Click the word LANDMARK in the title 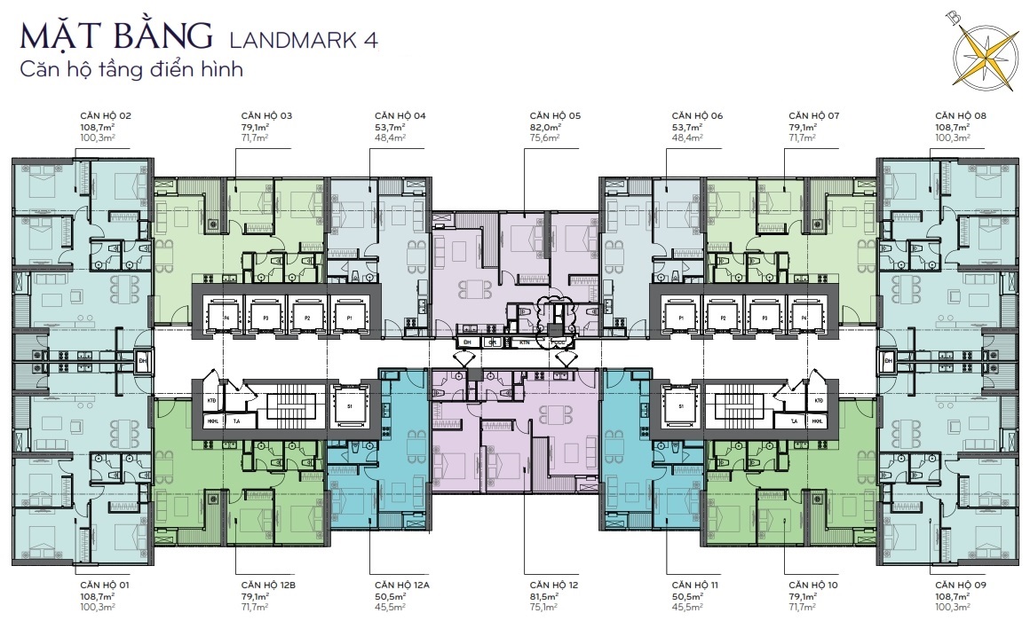tap(284, 40)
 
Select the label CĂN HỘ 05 tap(555, 116)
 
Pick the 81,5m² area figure tap(543, 597)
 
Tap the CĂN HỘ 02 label tap(106, 116)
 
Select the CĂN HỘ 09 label tap(962, 586)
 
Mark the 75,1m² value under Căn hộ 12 tap(543, 608)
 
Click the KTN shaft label tap(524, 342)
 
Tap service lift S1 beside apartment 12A tap(349, 406)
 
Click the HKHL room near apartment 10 tap(816, 422)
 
